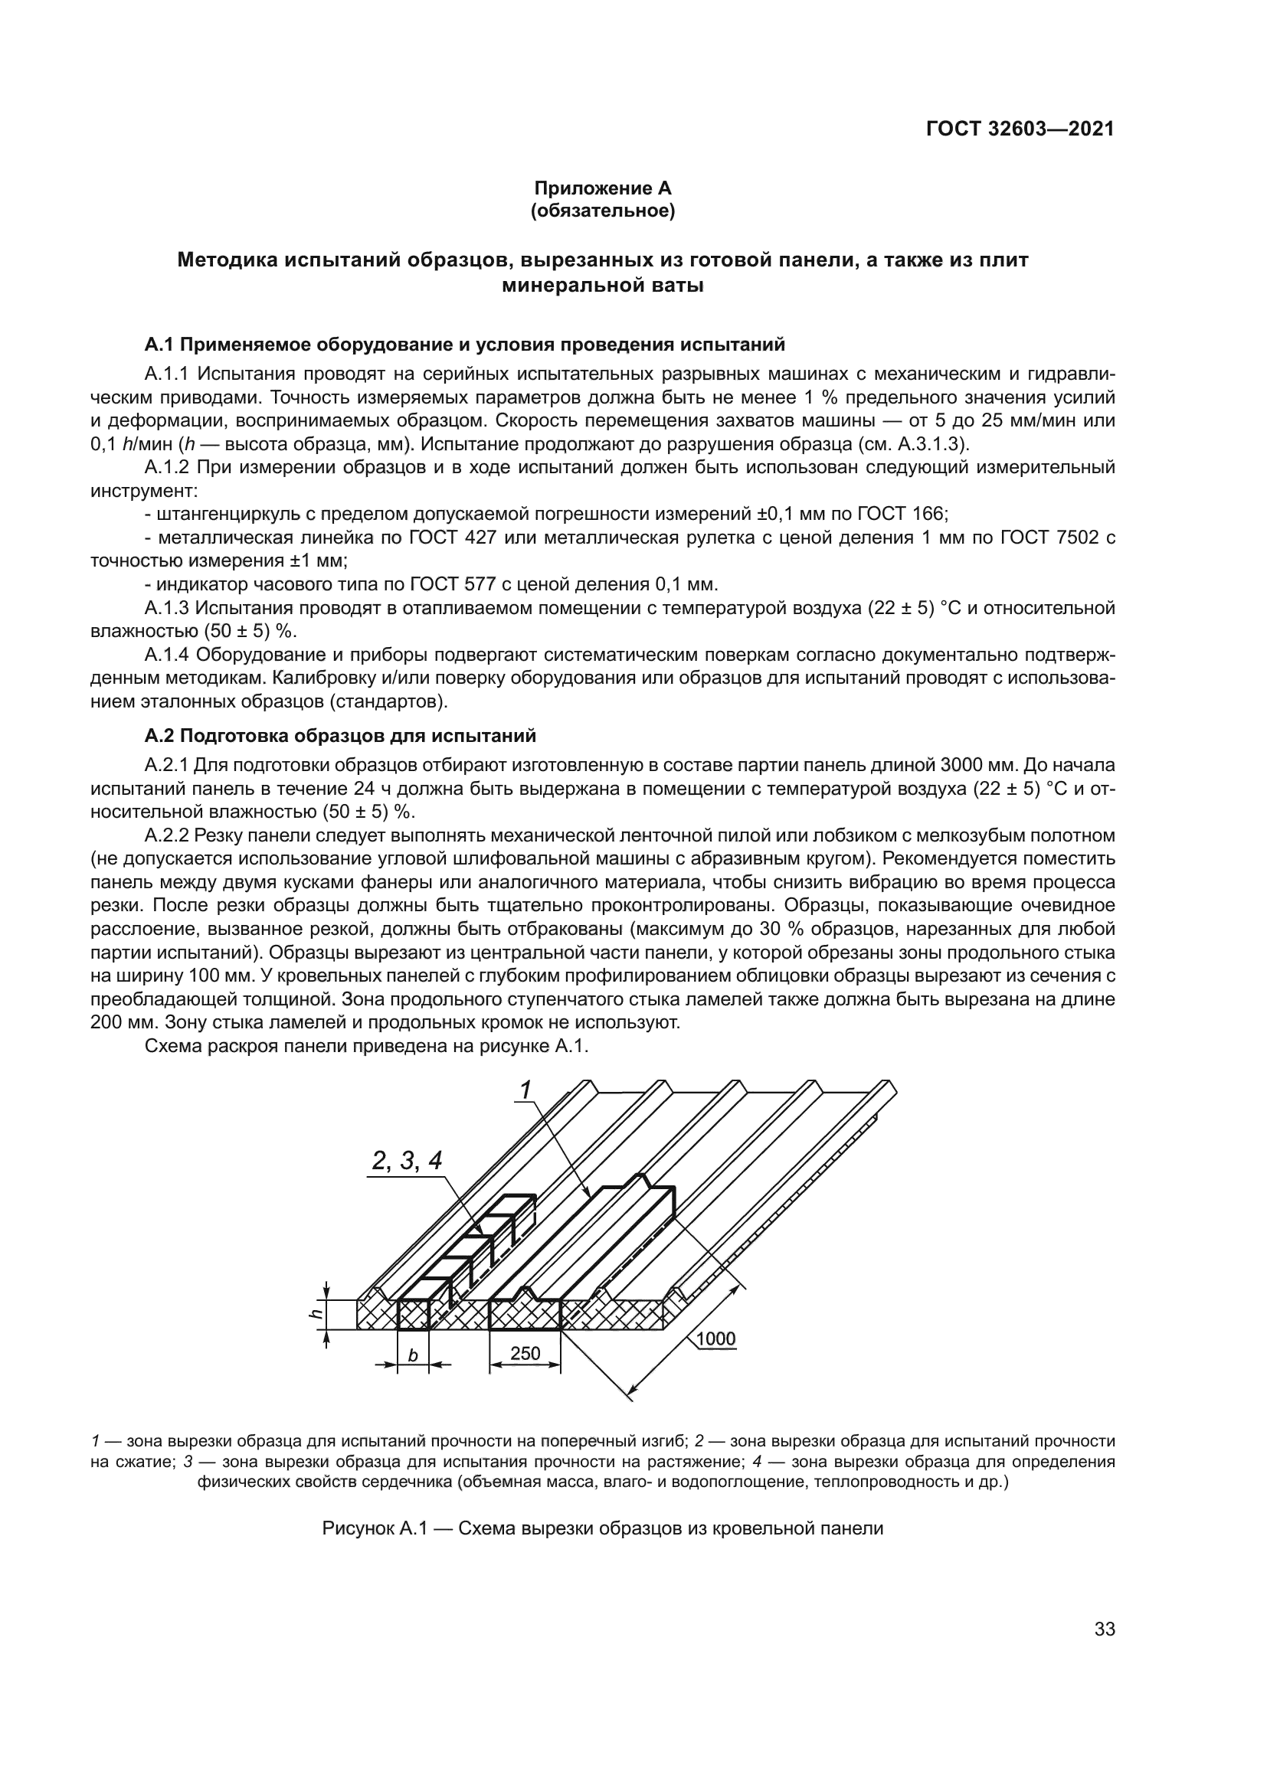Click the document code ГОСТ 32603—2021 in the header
point(1020,129)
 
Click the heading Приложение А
point(602,188)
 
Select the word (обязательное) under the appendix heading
point(602,211)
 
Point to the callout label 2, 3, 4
point(407,1161)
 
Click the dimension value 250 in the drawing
point(525,1353)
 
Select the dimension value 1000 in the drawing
point(715,1338)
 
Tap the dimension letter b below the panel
point(414,1356)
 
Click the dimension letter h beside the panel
point(316,1314)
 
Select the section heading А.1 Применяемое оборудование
point(464,344)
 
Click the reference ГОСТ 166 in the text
point(902,514)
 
